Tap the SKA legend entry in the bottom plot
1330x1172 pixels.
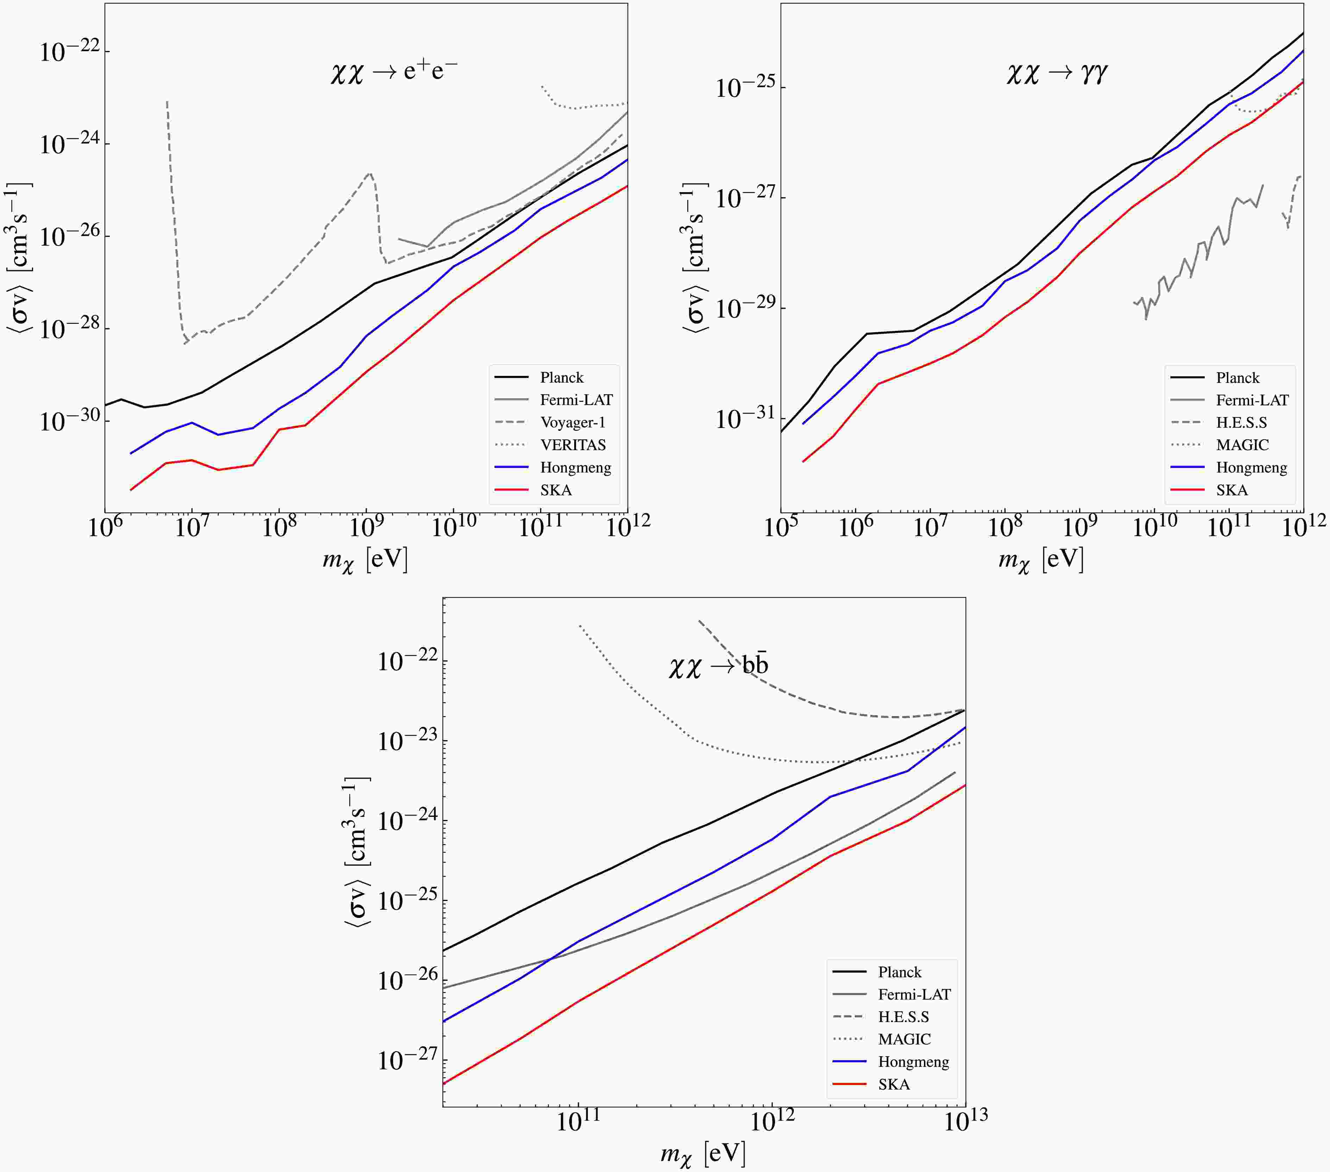coord(893,1084)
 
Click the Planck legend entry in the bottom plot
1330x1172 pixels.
coord(899,972)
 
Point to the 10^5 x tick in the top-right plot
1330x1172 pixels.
coord(781,527)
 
